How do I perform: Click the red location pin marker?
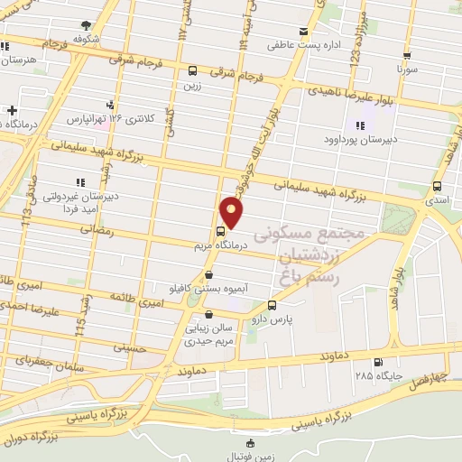pyautogui.click(x=232, y=212)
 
